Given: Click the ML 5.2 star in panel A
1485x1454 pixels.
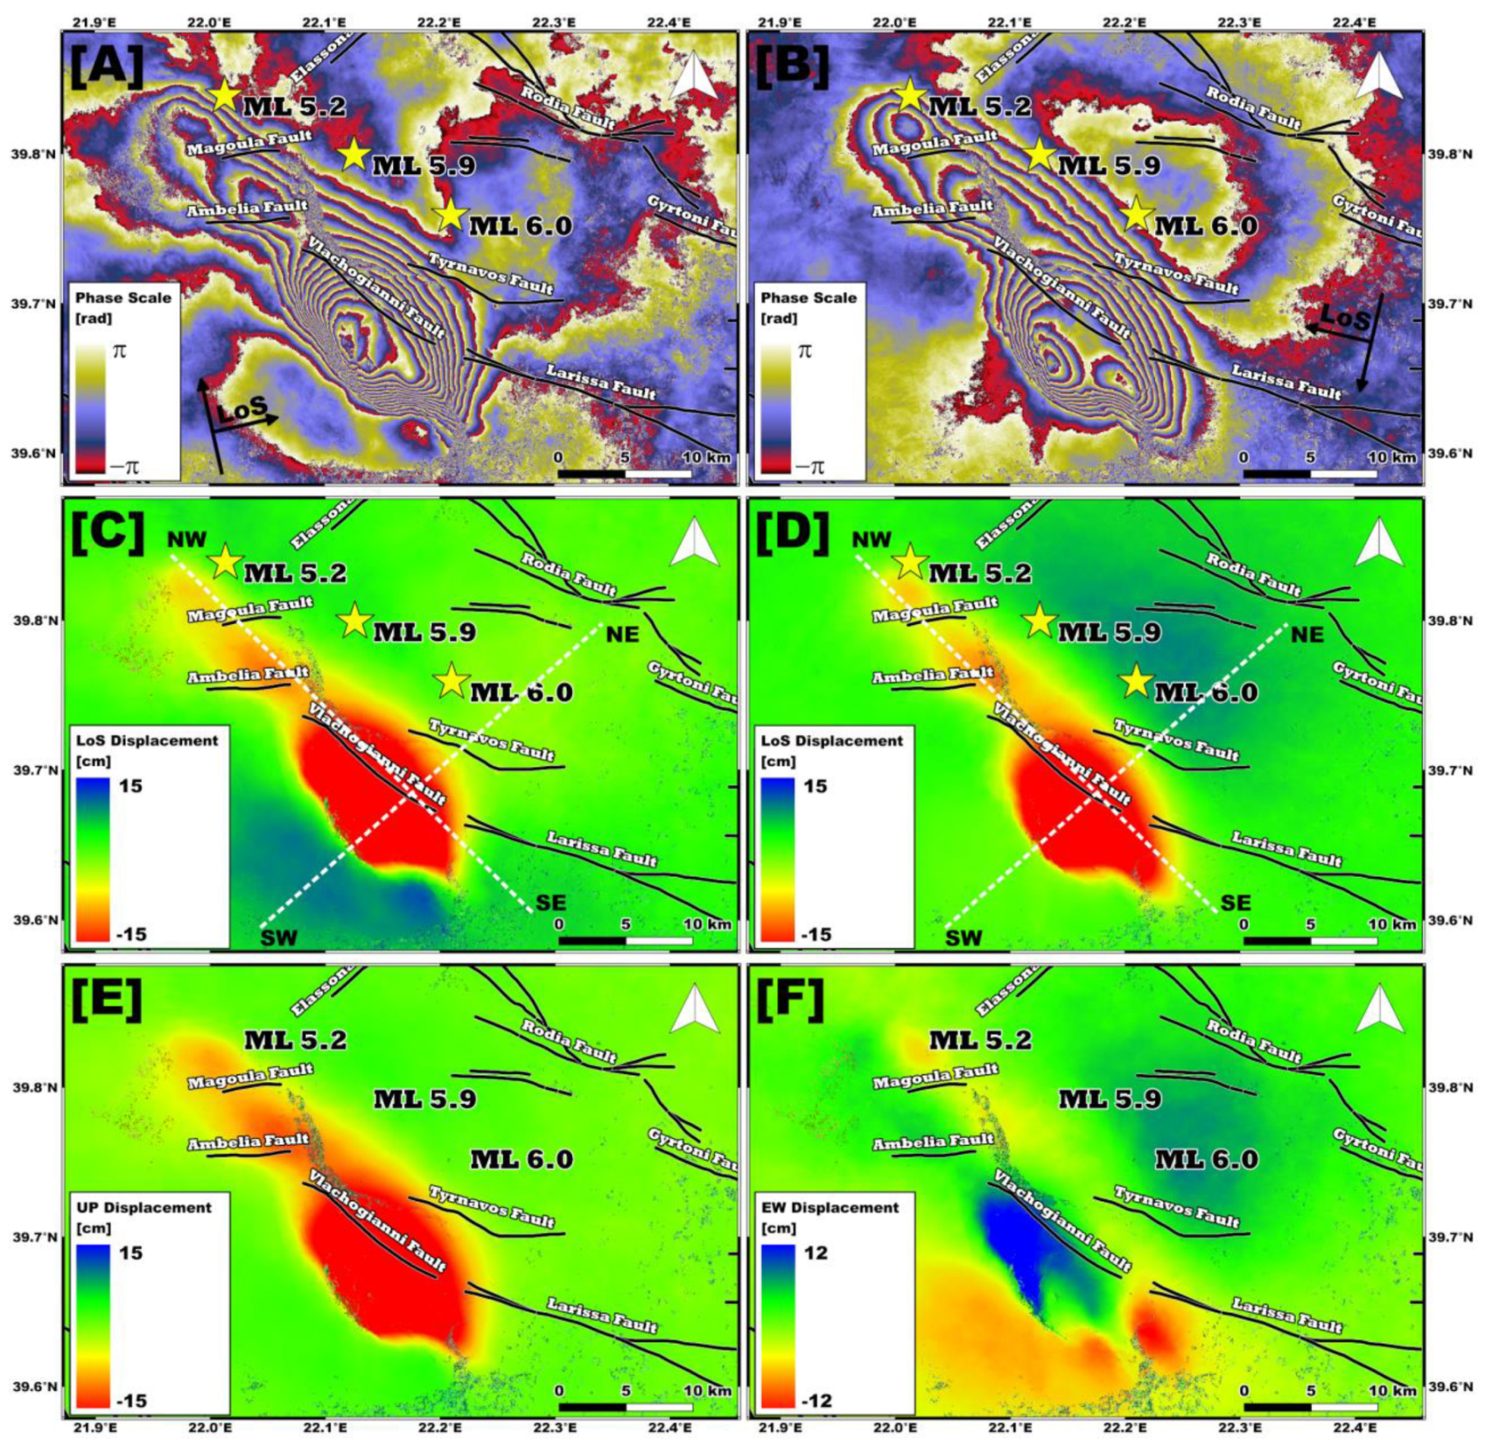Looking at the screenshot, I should pos(225,95).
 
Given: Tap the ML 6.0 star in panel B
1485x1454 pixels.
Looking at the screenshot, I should pos(1136,214).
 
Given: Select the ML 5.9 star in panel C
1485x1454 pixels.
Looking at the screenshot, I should pos(354,621).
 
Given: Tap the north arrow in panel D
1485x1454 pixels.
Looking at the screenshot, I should pos(1380,543).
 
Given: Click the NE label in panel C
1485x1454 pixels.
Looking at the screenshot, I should pos(622,634).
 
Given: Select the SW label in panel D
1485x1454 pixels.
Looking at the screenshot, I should pos(964,938).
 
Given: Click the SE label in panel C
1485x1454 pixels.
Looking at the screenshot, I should pos(550,903).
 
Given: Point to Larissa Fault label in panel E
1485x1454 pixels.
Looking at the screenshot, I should pos(601,1316).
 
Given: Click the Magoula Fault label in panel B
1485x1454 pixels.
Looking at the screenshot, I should pos(935,144).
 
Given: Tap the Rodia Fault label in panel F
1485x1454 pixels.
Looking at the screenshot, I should pos(1253,1040).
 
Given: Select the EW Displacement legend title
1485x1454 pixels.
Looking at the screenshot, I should pos(829,1207).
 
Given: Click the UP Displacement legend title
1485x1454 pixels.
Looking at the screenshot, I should pos(144,1207).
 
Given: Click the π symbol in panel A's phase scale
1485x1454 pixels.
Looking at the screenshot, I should pos(119,351).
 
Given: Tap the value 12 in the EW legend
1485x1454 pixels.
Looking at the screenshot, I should pos(816,1253).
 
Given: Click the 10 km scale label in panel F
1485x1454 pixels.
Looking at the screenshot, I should pos(1391,1391).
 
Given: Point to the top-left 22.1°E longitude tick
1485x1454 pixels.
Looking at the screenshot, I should pos(325,22).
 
